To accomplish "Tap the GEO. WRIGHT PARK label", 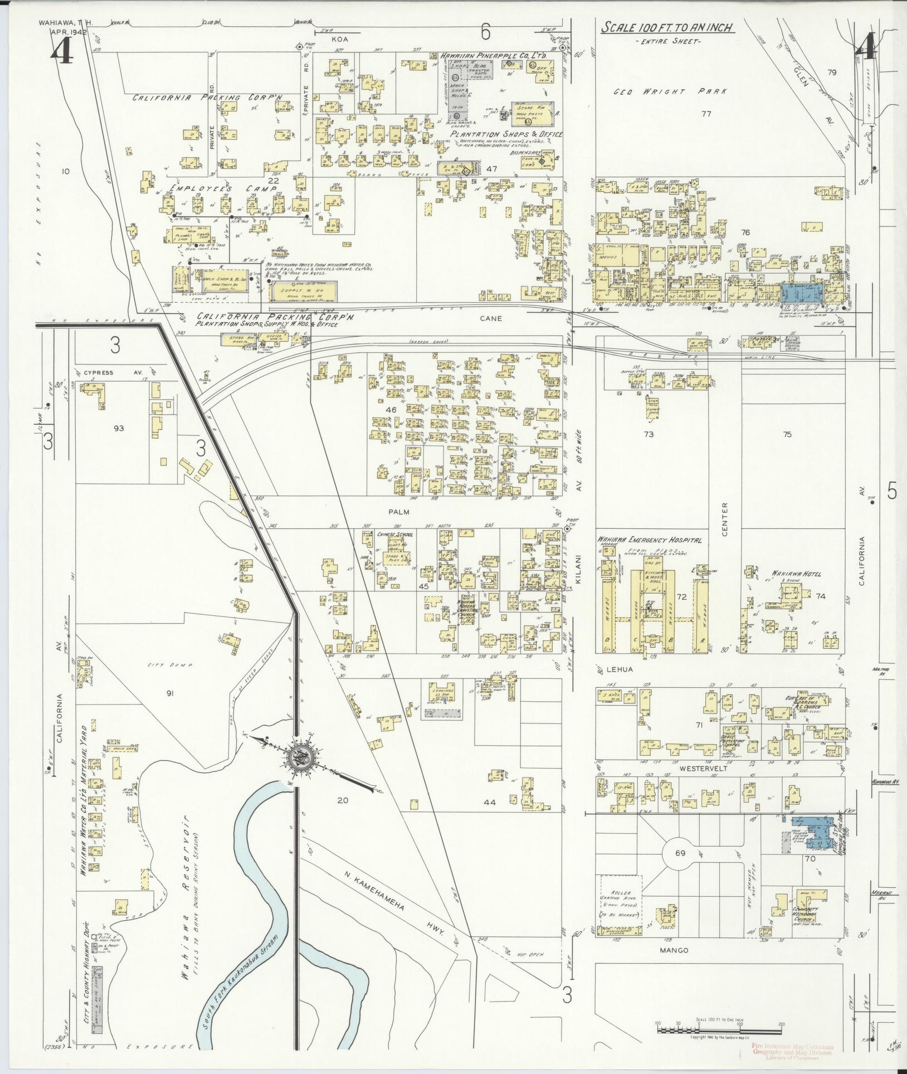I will coord(670,92).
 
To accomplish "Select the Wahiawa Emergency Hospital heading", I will coord(649,540).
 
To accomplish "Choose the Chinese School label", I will coord(393,534).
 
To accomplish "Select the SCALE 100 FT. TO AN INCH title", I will coord(666,28).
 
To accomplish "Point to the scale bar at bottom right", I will coord(719,1030).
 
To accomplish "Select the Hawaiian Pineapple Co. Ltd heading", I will coord(493,56).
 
